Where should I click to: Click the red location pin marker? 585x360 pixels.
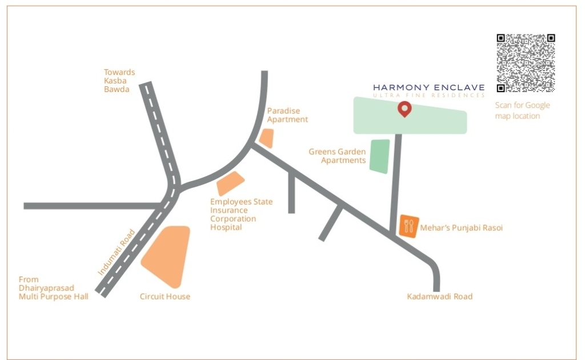point(404,108)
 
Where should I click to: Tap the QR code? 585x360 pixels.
point(526,63)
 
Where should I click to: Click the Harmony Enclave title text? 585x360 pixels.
point(428,87)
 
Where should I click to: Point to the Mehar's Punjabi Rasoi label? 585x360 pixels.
point(462,228)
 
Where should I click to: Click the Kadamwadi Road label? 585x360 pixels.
point(439,297)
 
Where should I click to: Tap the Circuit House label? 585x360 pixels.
point(165,297)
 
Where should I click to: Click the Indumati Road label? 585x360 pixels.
point(116,253)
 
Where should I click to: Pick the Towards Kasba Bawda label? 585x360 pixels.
point(119,81)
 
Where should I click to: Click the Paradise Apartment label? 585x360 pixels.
point(287,115)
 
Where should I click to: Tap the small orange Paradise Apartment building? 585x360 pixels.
point(266,138)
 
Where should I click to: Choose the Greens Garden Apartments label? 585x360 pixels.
point(337,156)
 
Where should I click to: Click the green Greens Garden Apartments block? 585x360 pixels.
point(379,156)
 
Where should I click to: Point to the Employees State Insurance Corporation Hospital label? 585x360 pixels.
point(241,214)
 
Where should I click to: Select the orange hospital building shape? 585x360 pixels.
point(230,183)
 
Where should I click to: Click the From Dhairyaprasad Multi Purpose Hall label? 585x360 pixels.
point(53,288)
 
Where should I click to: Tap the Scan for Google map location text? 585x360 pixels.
point(522,110)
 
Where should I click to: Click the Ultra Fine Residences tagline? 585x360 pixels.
point(428,95)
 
